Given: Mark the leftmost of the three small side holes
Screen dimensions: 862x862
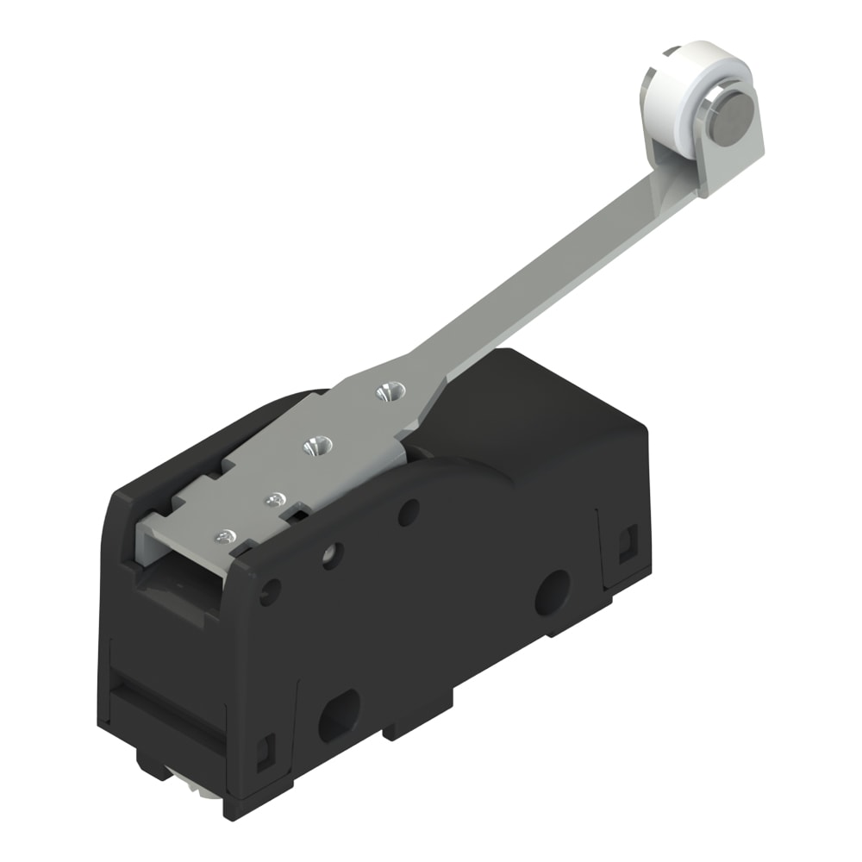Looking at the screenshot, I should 270,591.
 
